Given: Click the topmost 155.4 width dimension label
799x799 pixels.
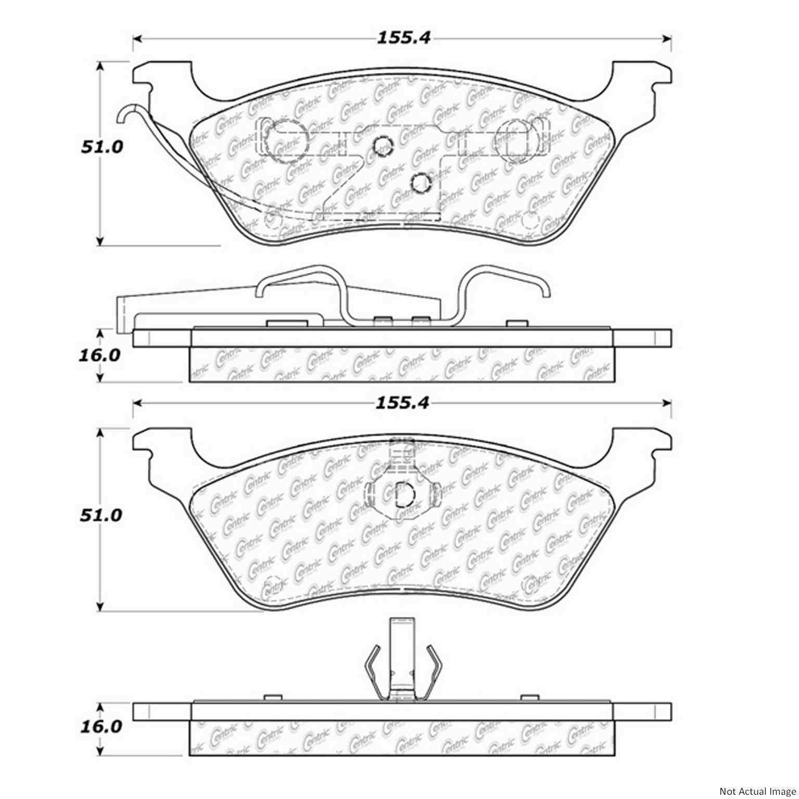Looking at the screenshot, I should pos(403,38).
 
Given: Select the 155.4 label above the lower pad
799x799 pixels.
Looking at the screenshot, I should pos(403,403).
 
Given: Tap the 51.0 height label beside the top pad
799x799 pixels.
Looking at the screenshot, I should pos(102,147).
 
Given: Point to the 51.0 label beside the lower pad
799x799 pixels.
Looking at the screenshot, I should pos(101,515).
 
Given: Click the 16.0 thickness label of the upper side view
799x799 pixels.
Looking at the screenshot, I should pos(99,356).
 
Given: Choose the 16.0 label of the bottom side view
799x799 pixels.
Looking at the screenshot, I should pos(100,727).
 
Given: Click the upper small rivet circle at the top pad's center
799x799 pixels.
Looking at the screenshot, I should pos(383,146).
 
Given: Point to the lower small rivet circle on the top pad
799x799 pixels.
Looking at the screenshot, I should pos(420,182).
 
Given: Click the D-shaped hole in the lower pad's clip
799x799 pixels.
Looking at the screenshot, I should pos(404,494).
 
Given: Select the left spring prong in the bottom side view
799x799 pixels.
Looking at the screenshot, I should pos(373,671).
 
